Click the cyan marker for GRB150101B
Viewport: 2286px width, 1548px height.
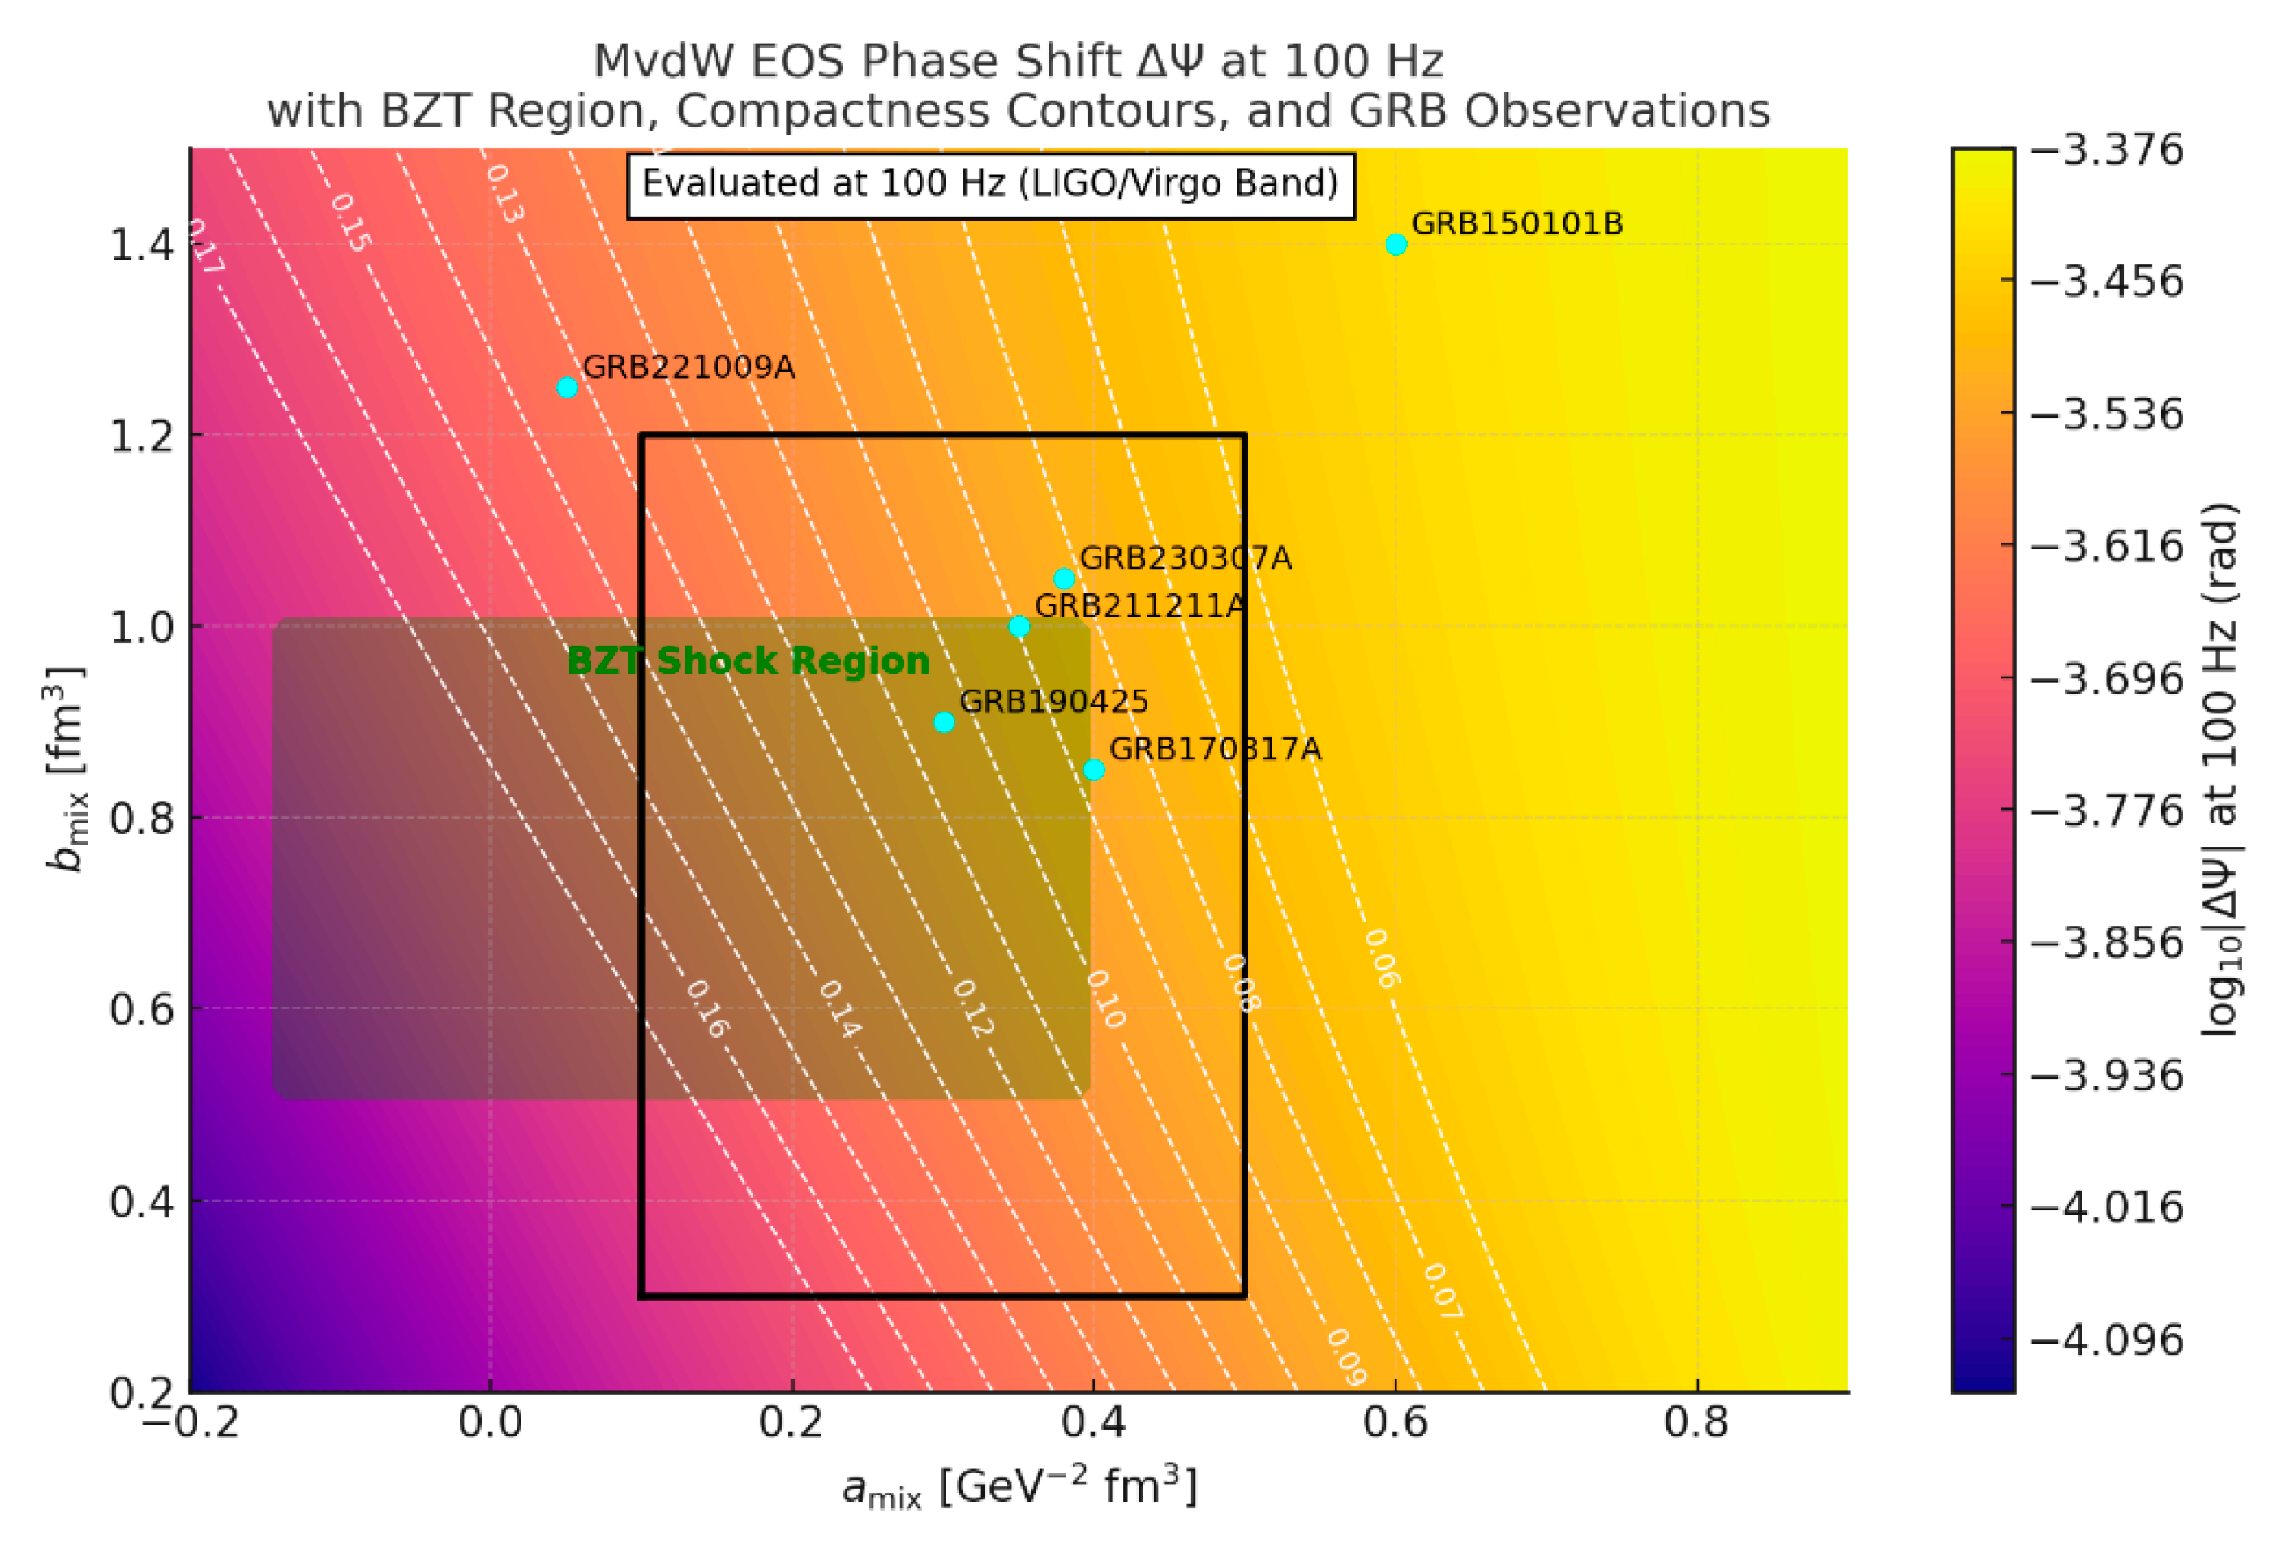pyautogui.click(x=1396, y=244)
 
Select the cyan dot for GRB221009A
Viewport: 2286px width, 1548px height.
pyautogui.click(x=567, y=387)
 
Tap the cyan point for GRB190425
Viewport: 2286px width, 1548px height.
pyautogui.click(x=943, y=722)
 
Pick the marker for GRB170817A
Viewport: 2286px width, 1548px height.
pyautogui.click(x=1094, y=770)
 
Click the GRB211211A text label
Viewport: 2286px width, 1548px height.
pyautogui.click(x=1139, y=605)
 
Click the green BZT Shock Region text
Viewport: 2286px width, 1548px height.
pyautogui.click(x=748, y=661)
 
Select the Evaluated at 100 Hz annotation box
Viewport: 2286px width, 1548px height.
pyautogui.click(x=990, y=184)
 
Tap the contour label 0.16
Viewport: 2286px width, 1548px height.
pyautogui.click(x=706, y=1008)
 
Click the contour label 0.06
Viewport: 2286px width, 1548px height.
pyautogui.click(x=1381, y=958)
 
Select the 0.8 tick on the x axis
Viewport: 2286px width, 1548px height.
pyautogui.click(x=1696, y=1422)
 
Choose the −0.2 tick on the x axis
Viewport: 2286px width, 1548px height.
pyautogui.click(x=190, y=1422)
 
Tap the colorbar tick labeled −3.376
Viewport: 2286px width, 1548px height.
pyautogui.click(x=2106, y=149)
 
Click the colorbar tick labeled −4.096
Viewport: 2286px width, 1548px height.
pyautogui.click(x=2106, y=1339)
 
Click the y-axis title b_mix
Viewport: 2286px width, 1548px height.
pyautogui.click(x=66, y=770)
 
